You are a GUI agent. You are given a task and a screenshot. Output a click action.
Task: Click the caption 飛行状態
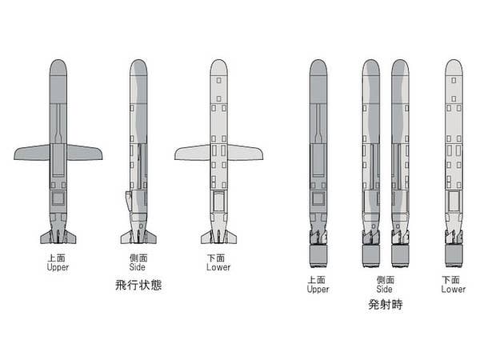pos(138,285)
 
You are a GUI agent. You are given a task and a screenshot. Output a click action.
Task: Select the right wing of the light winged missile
pos(245,152)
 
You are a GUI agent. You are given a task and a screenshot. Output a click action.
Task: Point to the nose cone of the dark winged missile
pos(58,68)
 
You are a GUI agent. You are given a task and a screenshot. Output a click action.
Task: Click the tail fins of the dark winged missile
pos(58,237)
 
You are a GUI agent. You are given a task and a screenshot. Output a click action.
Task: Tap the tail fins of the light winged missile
pos(218,237)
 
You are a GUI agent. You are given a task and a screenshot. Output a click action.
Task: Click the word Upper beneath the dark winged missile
pos(58,267)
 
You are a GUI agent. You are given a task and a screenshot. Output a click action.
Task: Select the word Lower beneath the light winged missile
pos(218,267)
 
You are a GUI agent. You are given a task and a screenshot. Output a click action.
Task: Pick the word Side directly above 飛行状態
pos(138,267)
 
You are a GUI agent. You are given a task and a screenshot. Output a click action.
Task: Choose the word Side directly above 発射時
pos(385,289)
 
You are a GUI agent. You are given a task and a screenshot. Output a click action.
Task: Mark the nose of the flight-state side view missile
pos(138,68)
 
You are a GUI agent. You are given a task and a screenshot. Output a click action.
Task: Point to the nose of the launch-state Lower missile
pos(454,68)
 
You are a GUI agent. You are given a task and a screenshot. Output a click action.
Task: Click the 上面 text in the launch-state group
pos(318,280)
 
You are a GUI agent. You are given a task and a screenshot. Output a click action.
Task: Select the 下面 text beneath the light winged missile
pos(218,258)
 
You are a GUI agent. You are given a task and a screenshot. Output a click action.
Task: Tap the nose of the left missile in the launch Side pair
pos(370,68)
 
